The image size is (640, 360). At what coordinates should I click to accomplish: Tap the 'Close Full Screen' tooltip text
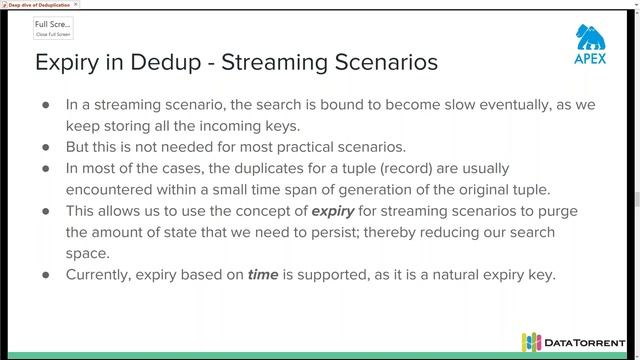tap(53, 34)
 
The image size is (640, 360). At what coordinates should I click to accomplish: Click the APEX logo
tap(591, 44)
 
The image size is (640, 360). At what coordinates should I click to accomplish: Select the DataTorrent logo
tap(573, 342)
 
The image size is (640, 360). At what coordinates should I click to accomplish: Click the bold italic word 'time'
tap(263, 273)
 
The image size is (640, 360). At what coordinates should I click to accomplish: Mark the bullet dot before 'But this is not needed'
tap(45, 147)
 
